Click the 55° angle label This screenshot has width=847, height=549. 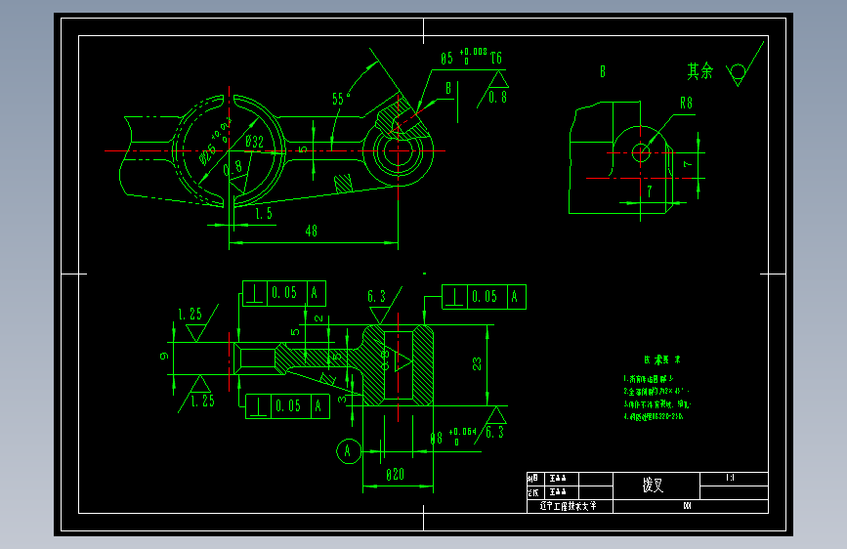[340, 99]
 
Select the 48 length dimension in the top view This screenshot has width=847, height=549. [312, 232]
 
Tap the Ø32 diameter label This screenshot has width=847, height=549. [254, 143]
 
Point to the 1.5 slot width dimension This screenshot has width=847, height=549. [263, 212]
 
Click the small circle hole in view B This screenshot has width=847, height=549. [641, 151]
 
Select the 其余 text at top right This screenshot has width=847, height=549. [699, 71]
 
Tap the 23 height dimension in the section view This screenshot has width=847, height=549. [477, 363]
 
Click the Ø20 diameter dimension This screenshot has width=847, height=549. [395, 474]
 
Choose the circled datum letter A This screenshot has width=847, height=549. [346, 450]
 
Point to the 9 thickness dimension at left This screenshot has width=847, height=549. [163, 357]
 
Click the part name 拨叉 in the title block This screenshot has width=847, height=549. [653, 486]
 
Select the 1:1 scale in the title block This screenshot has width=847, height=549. [731, 478]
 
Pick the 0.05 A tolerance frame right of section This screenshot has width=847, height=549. [485, 297]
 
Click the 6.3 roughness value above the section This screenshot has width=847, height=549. [377, 296]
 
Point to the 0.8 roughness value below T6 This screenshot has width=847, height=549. [497, 96]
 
